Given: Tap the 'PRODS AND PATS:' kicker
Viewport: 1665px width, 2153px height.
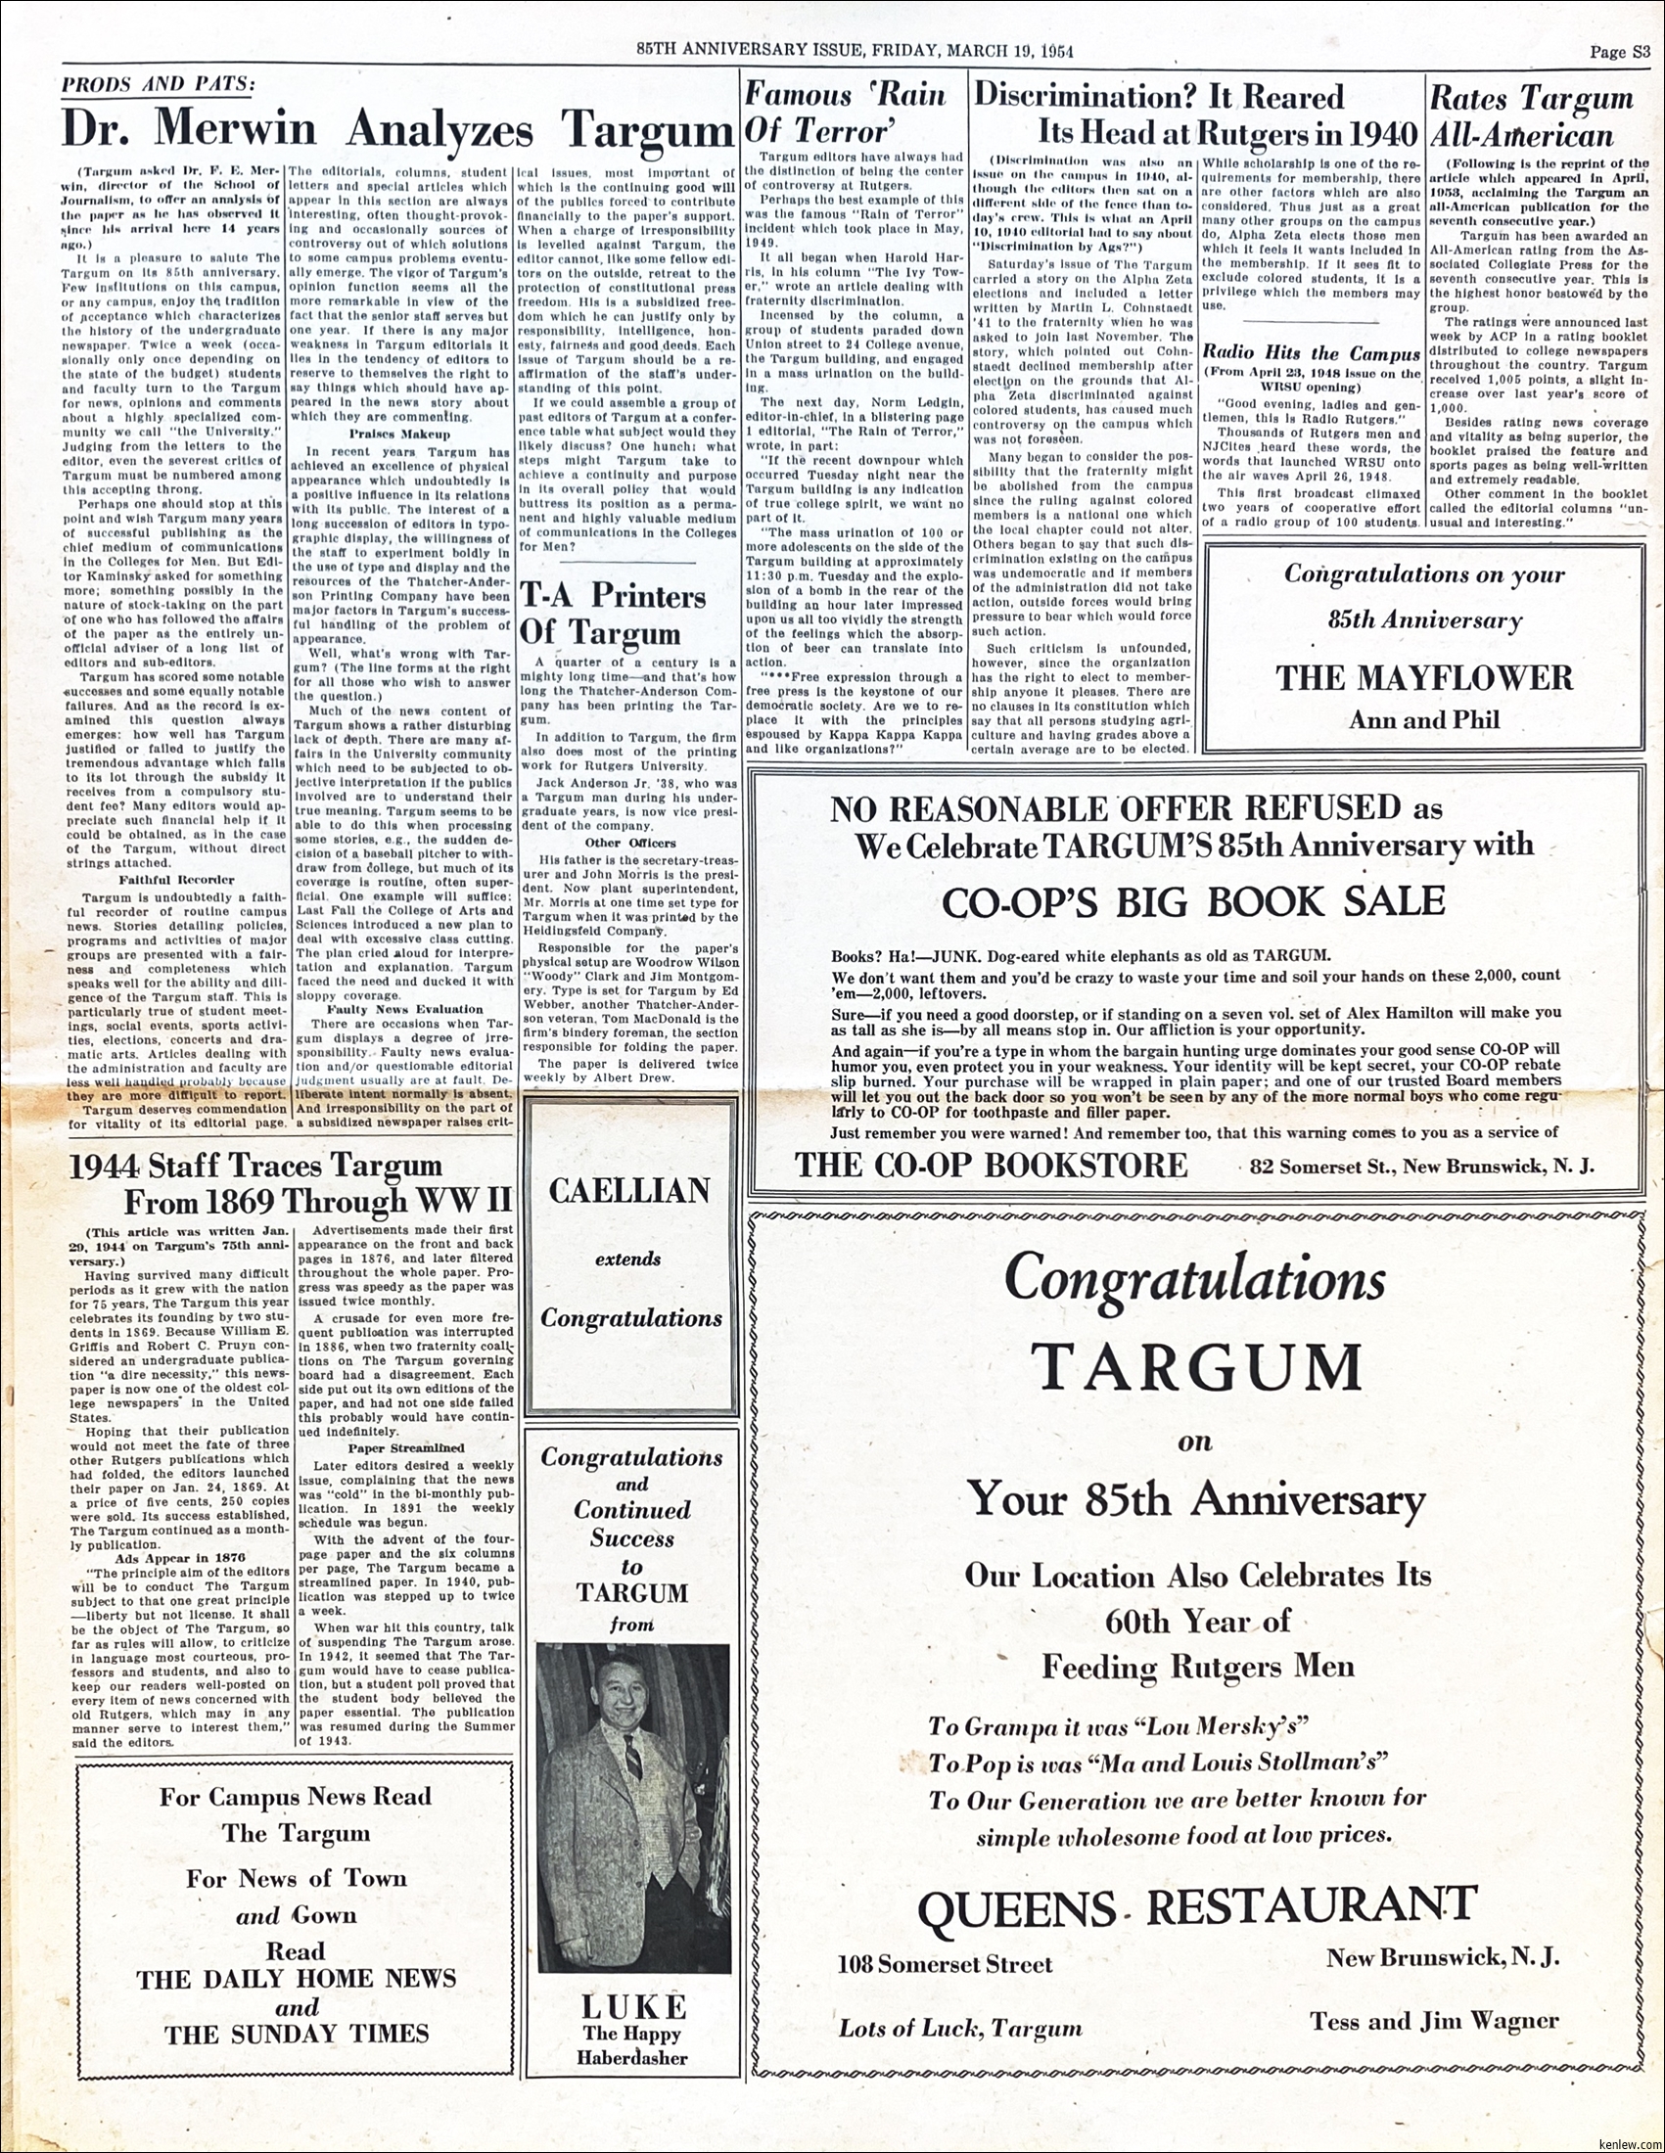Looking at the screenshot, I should pyautogui.click(x=158, y=84).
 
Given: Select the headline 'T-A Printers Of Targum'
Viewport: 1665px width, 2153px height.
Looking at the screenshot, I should pyautogui.click(x=613, y=615).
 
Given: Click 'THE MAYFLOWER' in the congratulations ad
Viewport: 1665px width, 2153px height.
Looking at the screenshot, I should pyautogui.click(x=1424, y=677).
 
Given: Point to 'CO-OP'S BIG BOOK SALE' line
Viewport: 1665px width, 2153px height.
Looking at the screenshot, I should pyautogui.click(x=1193, y=902).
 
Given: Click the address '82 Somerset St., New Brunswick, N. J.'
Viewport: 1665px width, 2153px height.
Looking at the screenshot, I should pyautogui.click(x=1421, y=1167).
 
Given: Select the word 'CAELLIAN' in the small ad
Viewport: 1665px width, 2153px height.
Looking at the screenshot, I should pyautogui.click(x=629, y=1191).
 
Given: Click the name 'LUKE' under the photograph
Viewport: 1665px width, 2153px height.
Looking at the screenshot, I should pyautogui.click(x=632, y=2006).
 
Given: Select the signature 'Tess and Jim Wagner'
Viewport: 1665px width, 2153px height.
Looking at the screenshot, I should pyautogui.click(x=1434, y=2021).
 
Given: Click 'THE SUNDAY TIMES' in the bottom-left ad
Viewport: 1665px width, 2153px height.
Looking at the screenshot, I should pyautogui.click(x=296, y=2033).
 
